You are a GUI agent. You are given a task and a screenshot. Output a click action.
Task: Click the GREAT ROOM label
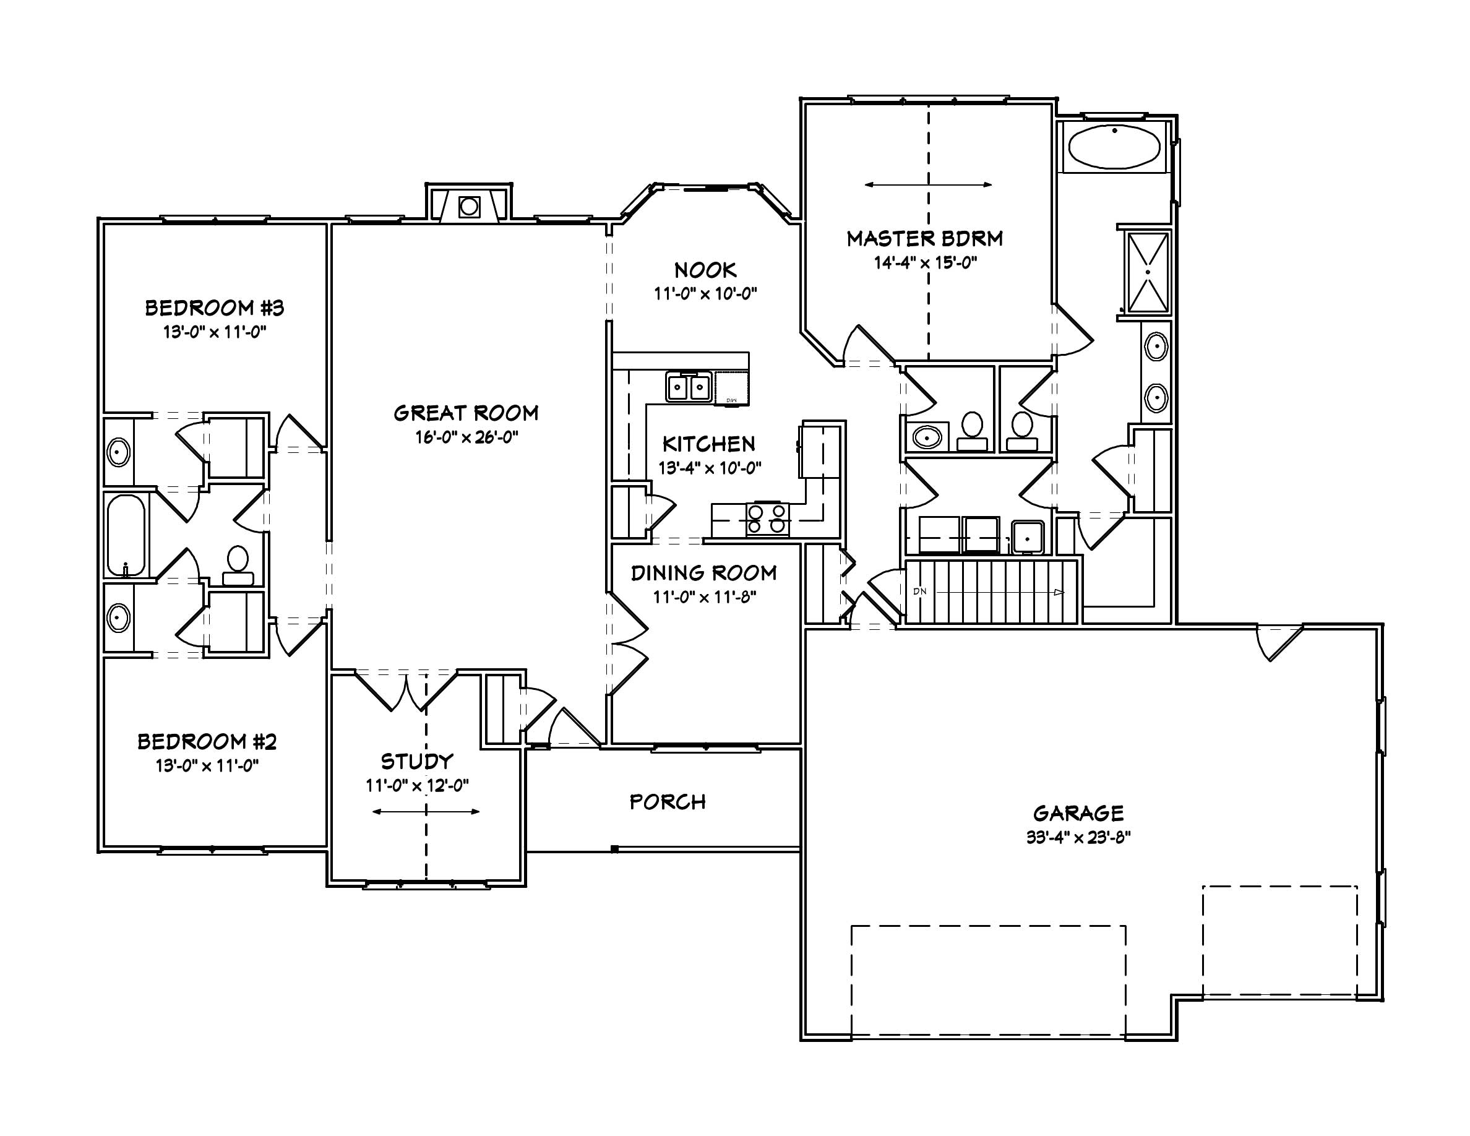coord(466,413)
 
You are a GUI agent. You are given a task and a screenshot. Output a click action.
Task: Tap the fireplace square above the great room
coord(469,207)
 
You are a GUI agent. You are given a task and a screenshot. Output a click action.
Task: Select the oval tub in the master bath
coord(1115,147)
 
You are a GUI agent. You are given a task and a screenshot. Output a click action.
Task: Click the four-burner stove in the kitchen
coord(767,520)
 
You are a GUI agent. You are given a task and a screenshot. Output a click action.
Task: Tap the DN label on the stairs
coord(919,592)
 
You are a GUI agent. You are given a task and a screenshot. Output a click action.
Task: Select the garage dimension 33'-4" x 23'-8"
coord(1078,837)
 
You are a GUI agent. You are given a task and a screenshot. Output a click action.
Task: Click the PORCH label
coord(667,801)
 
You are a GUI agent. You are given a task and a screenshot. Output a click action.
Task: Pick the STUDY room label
coord(418,761)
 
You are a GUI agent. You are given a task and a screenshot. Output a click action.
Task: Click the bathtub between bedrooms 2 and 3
coord(126,535)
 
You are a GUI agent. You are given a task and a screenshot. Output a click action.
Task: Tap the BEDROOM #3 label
coord(215,308)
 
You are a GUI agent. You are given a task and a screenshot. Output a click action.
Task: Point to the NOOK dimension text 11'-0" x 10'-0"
coord(705,293)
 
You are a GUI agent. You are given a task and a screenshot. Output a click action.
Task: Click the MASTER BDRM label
coord(924,238)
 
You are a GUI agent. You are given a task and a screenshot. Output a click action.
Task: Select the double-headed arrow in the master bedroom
coord(928,184)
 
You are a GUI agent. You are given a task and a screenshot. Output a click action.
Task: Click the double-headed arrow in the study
coord(426,812)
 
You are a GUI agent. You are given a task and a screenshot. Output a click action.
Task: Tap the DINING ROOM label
coord(703,573)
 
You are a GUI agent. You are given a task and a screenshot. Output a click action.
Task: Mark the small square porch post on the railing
coord(614,850)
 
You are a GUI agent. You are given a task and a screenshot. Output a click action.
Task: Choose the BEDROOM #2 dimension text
coord(207,765)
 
